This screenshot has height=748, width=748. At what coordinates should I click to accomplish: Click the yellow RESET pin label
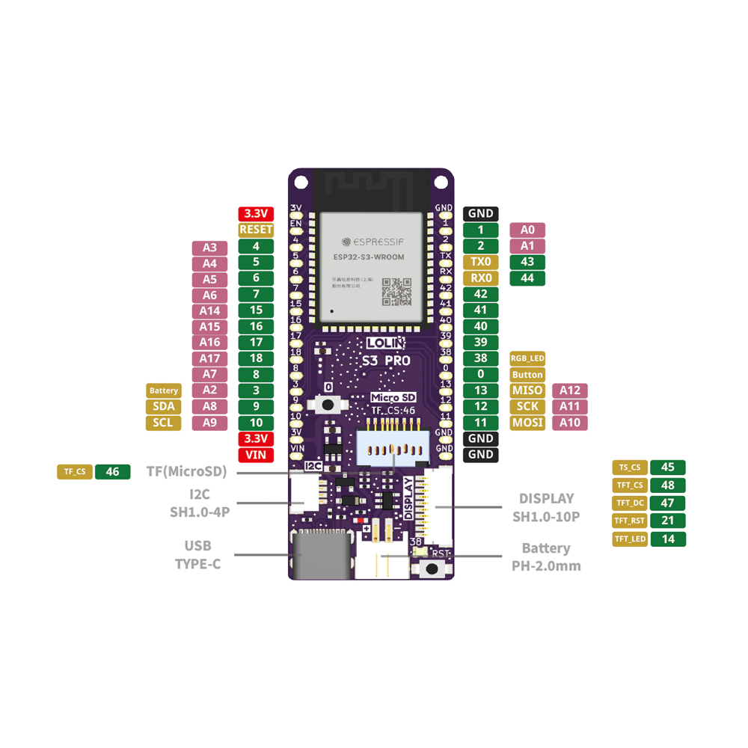tap(256, 230)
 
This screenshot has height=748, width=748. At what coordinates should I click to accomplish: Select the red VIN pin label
tap(256, 455)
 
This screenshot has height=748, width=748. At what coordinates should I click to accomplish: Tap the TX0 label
tap(481, 262)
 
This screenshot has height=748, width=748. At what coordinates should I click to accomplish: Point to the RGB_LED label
tap(527, 359)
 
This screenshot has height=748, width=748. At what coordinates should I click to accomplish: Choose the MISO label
tap(527, 390)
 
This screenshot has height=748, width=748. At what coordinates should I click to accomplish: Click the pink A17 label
tap(210, 358)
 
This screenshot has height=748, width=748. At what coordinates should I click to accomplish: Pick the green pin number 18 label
tap(256, 358)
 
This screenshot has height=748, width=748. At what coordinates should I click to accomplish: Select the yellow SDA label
tap(164, 406)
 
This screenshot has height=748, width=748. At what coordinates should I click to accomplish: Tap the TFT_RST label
tap(630, 521)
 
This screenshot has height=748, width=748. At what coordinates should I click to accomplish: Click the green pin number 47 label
tap(668, 503)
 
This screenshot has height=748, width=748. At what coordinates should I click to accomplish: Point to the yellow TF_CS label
tap(75, 472)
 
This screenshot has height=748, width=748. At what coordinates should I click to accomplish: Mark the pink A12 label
tap(570, 390)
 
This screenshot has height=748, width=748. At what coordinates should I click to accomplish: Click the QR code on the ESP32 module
tap(396, 292)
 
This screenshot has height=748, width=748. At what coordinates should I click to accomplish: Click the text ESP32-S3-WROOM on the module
tap(369, 257)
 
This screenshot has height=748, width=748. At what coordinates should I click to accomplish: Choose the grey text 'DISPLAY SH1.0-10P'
tap(546, 507)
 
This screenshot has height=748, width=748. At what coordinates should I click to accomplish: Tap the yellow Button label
tap(527, 375)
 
